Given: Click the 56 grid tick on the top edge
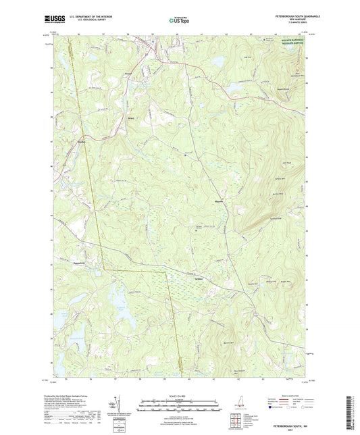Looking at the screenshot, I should tap(78, 33).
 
